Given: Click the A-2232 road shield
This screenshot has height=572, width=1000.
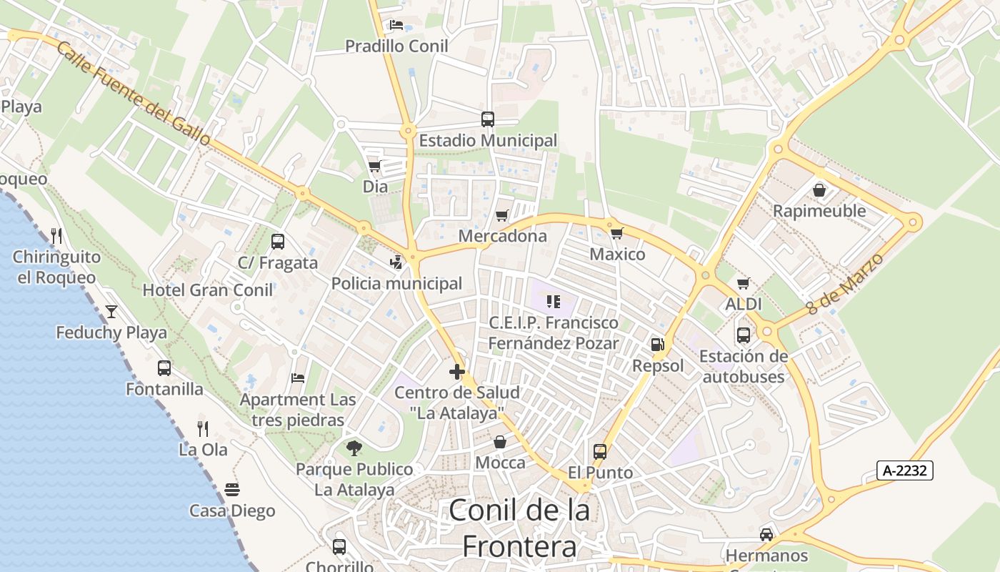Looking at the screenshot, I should pyautogui.click(x=905, y=470).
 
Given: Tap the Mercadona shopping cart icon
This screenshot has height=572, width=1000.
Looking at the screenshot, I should pyautogui.click(x=502, y=215).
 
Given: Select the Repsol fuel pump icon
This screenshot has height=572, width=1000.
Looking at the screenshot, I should pyautogui.click(x=657, y=345).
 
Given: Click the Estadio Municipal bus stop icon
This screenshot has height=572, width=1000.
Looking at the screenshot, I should pyautogui.click(x=488, y=119).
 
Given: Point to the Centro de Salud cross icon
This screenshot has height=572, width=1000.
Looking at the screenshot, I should pyautogui.click(x=457, y=372).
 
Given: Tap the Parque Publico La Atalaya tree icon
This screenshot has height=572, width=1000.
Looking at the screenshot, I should pyautogui.click(x=354, y=448).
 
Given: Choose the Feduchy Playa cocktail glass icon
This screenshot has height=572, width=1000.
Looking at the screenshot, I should pyautogui.click(x=111, y=311).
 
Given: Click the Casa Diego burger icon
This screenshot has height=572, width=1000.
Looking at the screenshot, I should pyautogui.click(x=232, y=490).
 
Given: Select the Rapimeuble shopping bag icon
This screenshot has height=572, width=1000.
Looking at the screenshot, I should pyautogui.click(x=819, y=190).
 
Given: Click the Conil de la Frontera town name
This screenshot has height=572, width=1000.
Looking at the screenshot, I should pyautogui.click(x=519, y=528).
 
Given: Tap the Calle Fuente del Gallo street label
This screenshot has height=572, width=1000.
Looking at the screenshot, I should pyautogui.click(x=133, y=93).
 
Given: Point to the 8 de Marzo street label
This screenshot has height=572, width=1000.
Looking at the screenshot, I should pyautogui.click(x=845, y=284).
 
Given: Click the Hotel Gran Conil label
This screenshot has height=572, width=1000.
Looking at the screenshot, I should pyautogui.click(x=208, y=290).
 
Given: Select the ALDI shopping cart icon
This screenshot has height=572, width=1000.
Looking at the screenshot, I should pyautogui.click(x=744, y=284).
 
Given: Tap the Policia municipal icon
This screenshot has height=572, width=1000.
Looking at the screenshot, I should pyautogui.click(x=396, y=262).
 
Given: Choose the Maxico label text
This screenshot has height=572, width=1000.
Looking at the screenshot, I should pyautogui.click(x=617, y=254).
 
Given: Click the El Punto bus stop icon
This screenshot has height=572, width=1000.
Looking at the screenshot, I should pyautogui.click(x=600, y=452).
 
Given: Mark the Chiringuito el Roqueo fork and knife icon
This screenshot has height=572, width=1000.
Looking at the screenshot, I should pyautogui.click(x=56, y=235).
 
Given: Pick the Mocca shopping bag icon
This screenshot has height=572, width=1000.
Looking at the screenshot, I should pyautogui.click(x=500, y=442).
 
